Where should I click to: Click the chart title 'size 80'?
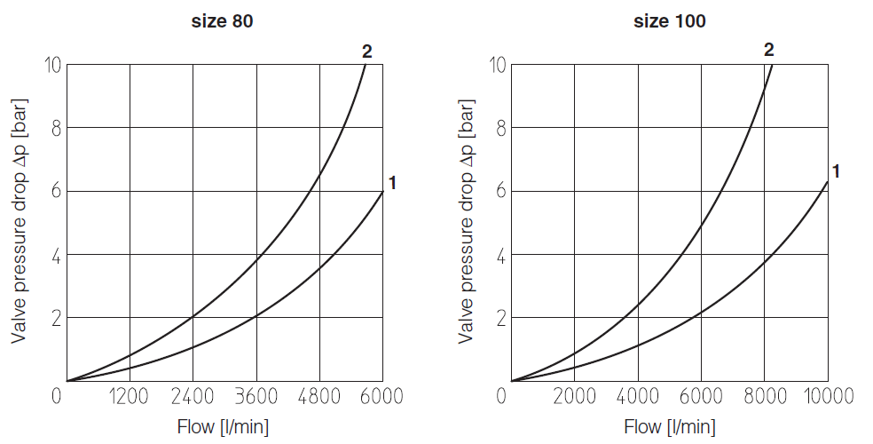[x=223, y=21]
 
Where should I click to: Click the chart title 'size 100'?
[x=670, y=21]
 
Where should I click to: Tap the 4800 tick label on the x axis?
[x=319, y=396]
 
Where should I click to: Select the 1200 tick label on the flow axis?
[x=130, y=396]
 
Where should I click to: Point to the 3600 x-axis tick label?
[x=256, y=396]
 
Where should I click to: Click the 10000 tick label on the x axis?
[x=827, y=396]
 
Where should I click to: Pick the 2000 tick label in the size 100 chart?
[x=574, y=396]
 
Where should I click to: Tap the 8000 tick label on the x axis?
[x=764, y=396]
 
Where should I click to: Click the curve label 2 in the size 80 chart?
[x=366, y=51]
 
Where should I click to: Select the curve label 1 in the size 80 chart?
[x=391, y=183]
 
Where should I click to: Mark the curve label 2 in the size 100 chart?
[x=769, y=50]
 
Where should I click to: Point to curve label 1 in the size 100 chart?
[x=835, y=171]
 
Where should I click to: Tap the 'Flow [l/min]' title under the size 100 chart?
[x=670, y=427]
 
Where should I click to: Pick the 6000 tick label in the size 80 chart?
[x=382, y=396]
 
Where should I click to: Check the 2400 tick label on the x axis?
[x=193, y=396]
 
